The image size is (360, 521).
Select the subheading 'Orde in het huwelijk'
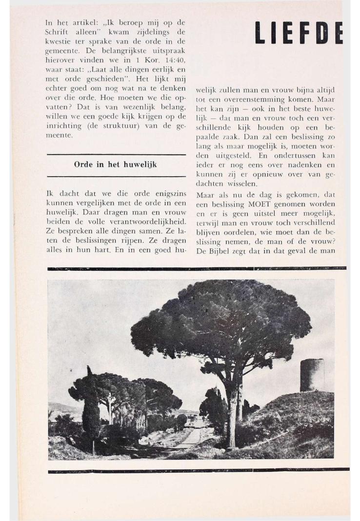(119, 164)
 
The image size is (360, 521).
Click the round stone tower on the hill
(312, 375)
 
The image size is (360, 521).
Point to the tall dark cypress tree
(91, 410)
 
